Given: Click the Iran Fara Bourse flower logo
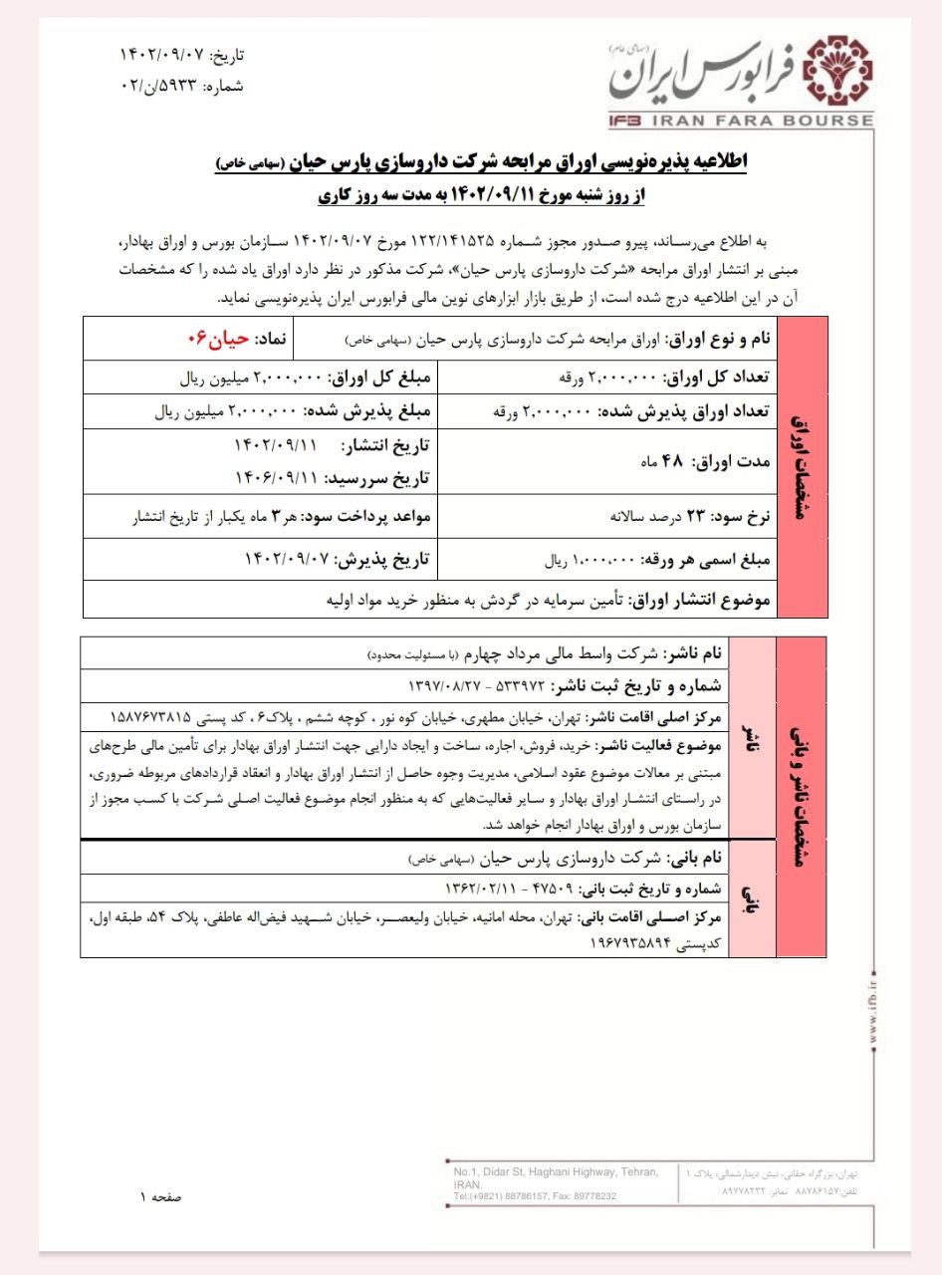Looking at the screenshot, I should [842, 73].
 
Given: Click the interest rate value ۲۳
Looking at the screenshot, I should [693, 516].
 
